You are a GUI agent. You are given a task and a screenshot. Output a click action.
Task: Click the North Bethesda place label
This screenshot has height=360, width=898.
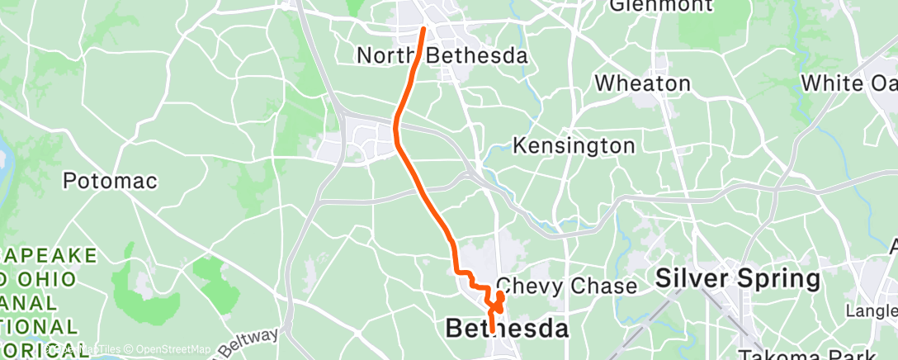442,56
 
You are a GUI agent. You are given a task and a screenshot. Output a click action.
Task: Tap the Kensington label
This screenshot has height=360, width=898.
574,146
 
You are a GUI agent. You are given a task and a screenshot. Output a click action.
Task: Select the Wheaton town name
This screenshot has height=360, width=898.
643,83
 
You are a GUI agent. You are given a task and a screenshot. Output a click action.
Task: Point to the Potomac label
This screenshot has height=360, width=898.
110,181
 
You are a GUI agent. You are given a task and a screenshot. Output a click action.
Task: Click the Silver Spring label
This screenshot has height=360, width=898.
738,279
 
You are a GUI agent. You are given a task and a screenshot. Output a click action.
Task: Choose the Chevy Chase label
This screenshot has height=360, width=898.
566,287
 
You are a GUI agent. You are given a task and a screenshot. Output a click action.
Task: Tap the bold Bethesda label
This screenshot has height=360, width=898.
507,329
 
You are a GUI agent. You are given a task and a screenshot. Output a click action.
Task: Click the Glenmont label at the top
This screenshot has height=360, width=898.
661,6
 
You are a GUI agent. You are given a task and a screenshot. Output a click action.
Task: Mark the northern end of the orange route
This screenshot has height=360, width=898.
424,30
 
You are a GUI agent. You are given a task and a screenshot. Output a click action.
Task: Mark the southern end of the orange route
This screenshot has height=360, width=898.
493,330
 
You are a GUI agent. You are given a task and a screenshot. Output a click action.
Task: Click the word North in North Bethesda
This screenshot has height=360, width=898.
388,56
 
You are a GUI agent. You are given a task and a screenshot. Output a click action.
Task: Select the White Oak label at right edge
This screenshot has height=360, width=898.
849,83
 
